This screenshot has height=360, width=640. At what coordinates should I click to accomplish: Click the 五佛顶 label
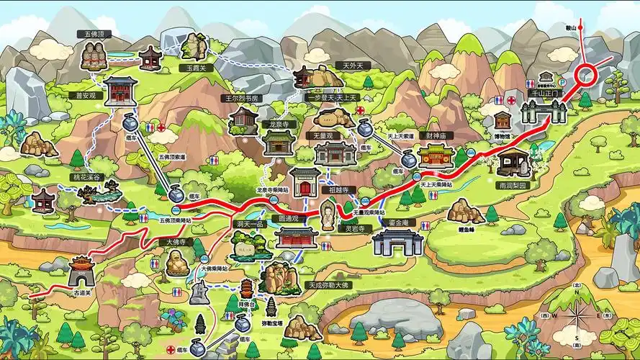[94, 33]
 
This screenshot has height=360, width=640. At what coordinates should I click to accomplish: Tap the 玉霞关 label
[192, 68]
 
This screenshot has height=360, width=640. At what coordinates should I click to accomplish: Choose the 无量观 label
[322, 135]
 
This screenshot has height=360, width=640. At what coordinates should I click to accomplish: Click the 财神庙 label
[436, 135]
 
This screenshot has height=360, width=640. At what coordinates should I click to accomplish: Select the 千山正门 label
[544, 94]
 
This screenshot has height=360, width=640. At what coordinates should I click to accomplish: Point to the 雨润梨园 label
[513, 185]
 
